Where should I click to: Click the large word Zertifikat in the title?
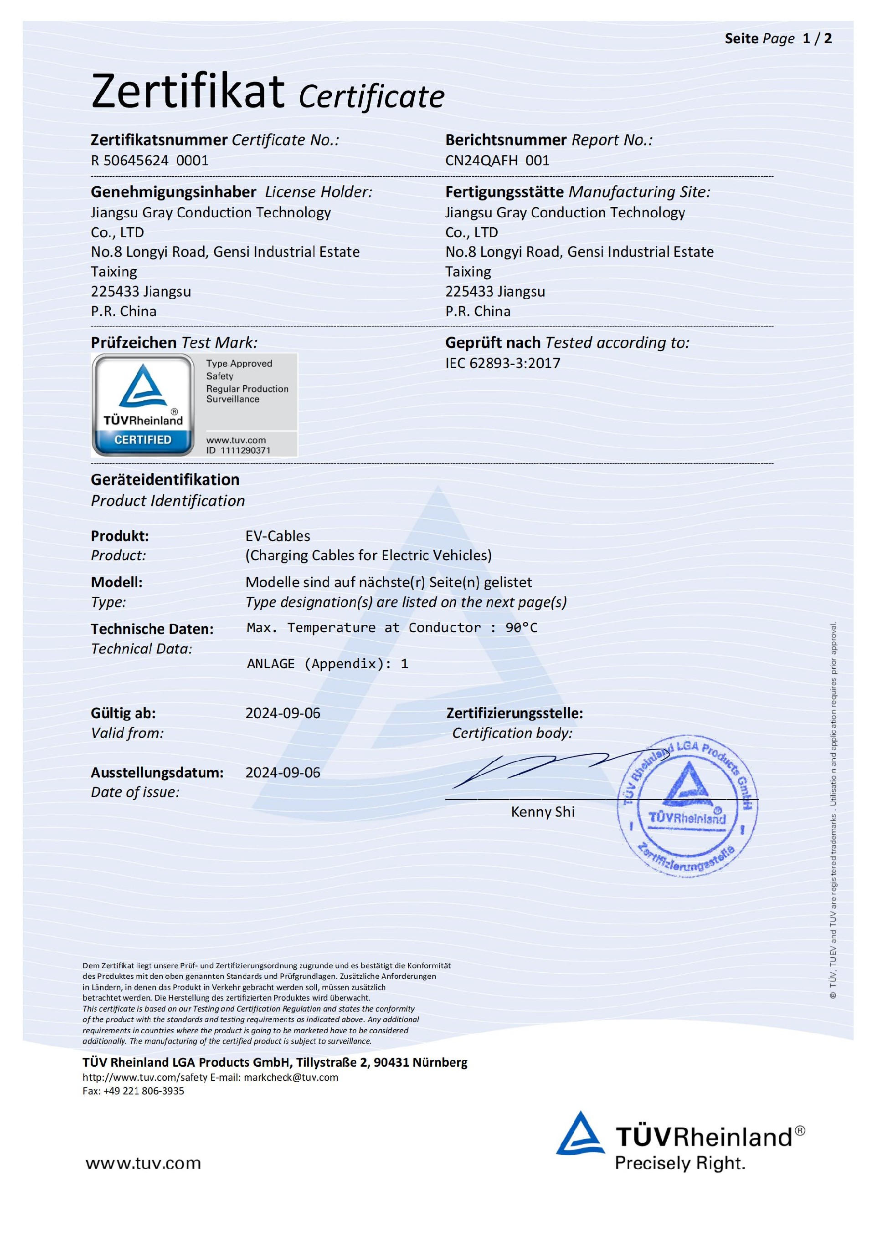click(188, 92)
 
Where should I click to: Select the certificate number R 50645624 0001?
click(149, 161)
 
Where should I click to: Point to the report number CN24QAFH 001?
click(497, 161)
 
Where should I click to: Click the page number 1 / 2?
click(817, 39)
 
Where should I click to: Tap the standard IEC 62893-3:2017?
click(503, 363)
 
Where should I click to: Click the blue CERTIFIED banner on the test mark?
click(143, 440)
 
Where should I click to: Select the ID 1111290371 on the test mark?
click(238, 450)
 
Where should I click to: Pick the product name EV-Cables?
click(278, 536)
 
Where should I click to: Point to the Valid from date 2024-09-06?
click(283, 713)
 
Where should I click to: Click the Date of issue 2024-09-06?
click(283, 772)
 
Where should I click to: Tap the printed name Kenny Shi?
click(542, 812)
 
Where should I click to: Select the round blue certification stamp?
click(687, 805)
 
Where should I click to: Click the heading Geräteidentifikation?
click(165, 480)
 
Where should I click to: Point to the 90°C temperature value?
click(521, 628)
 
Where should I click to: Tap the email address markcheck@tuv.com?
click(291, 1077)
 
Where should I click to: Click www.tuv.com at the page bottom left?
click(143, 1163)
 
